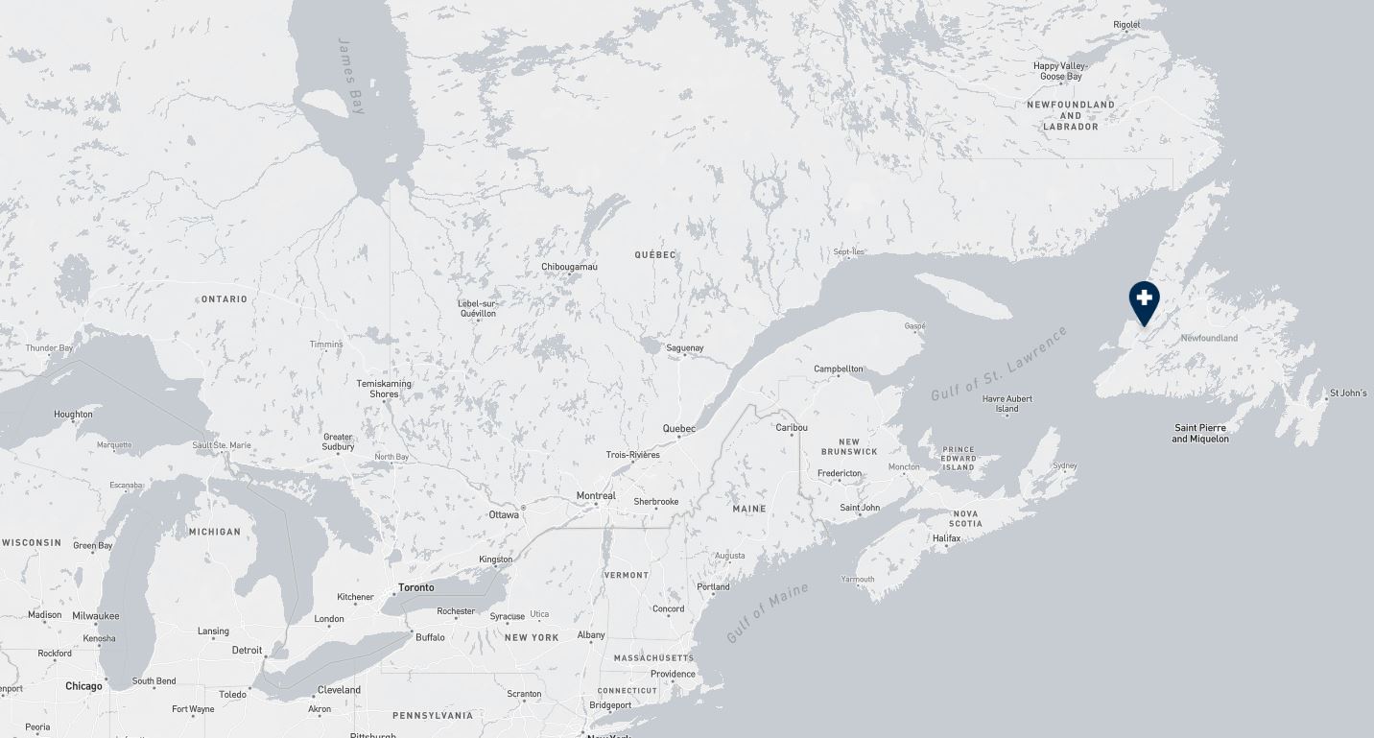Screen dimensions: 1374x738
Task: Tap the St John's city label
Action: click(x=1348, y=393)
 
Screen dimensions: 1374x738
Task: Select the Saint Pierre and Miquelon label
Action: click(x=1199, y=433)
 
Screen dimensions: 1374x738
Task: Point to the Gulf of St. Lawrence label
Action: click(x=999, y=365)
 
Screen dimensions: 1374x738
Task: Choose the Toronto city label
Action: click(x=415, y=587)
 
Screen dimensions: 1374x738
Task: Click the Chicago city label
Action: click(x=83, y=686)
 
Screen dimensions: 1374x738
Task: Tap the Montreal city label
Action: click(x=596, y=496)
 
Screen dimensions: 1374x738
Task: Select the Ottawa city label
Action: click(x=504, y=515)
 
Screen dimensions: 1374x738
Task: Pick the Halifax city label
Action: click(x=946, y=538)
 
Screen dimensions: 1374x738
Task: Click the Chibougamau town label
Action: click(x=569, y=267)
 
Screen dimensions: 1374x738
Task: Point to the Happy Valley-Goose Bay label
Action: click(x=1060, y=71)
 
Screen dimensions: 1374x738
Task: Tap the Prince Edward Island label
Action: click(x=959, y=458)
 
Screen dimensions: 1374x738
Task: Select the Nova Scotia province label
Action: click(x=965, y=518)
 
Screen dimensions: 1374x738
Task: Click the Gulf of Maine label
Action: click(x=768, y=612)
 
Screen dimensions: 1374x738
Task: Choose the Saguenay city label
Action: click(x=685, y=348)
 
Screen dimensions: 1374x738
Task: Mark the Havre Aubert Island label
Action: click(x=1007, y=404)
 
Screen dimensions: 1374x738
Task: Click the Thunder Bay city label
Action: click(x=49, y=348)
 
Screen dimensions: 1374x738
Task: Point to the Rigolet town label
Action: click(x=1126, y=25)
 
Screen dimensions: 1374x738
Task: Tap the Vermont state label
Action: click(x=627, y=575)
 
